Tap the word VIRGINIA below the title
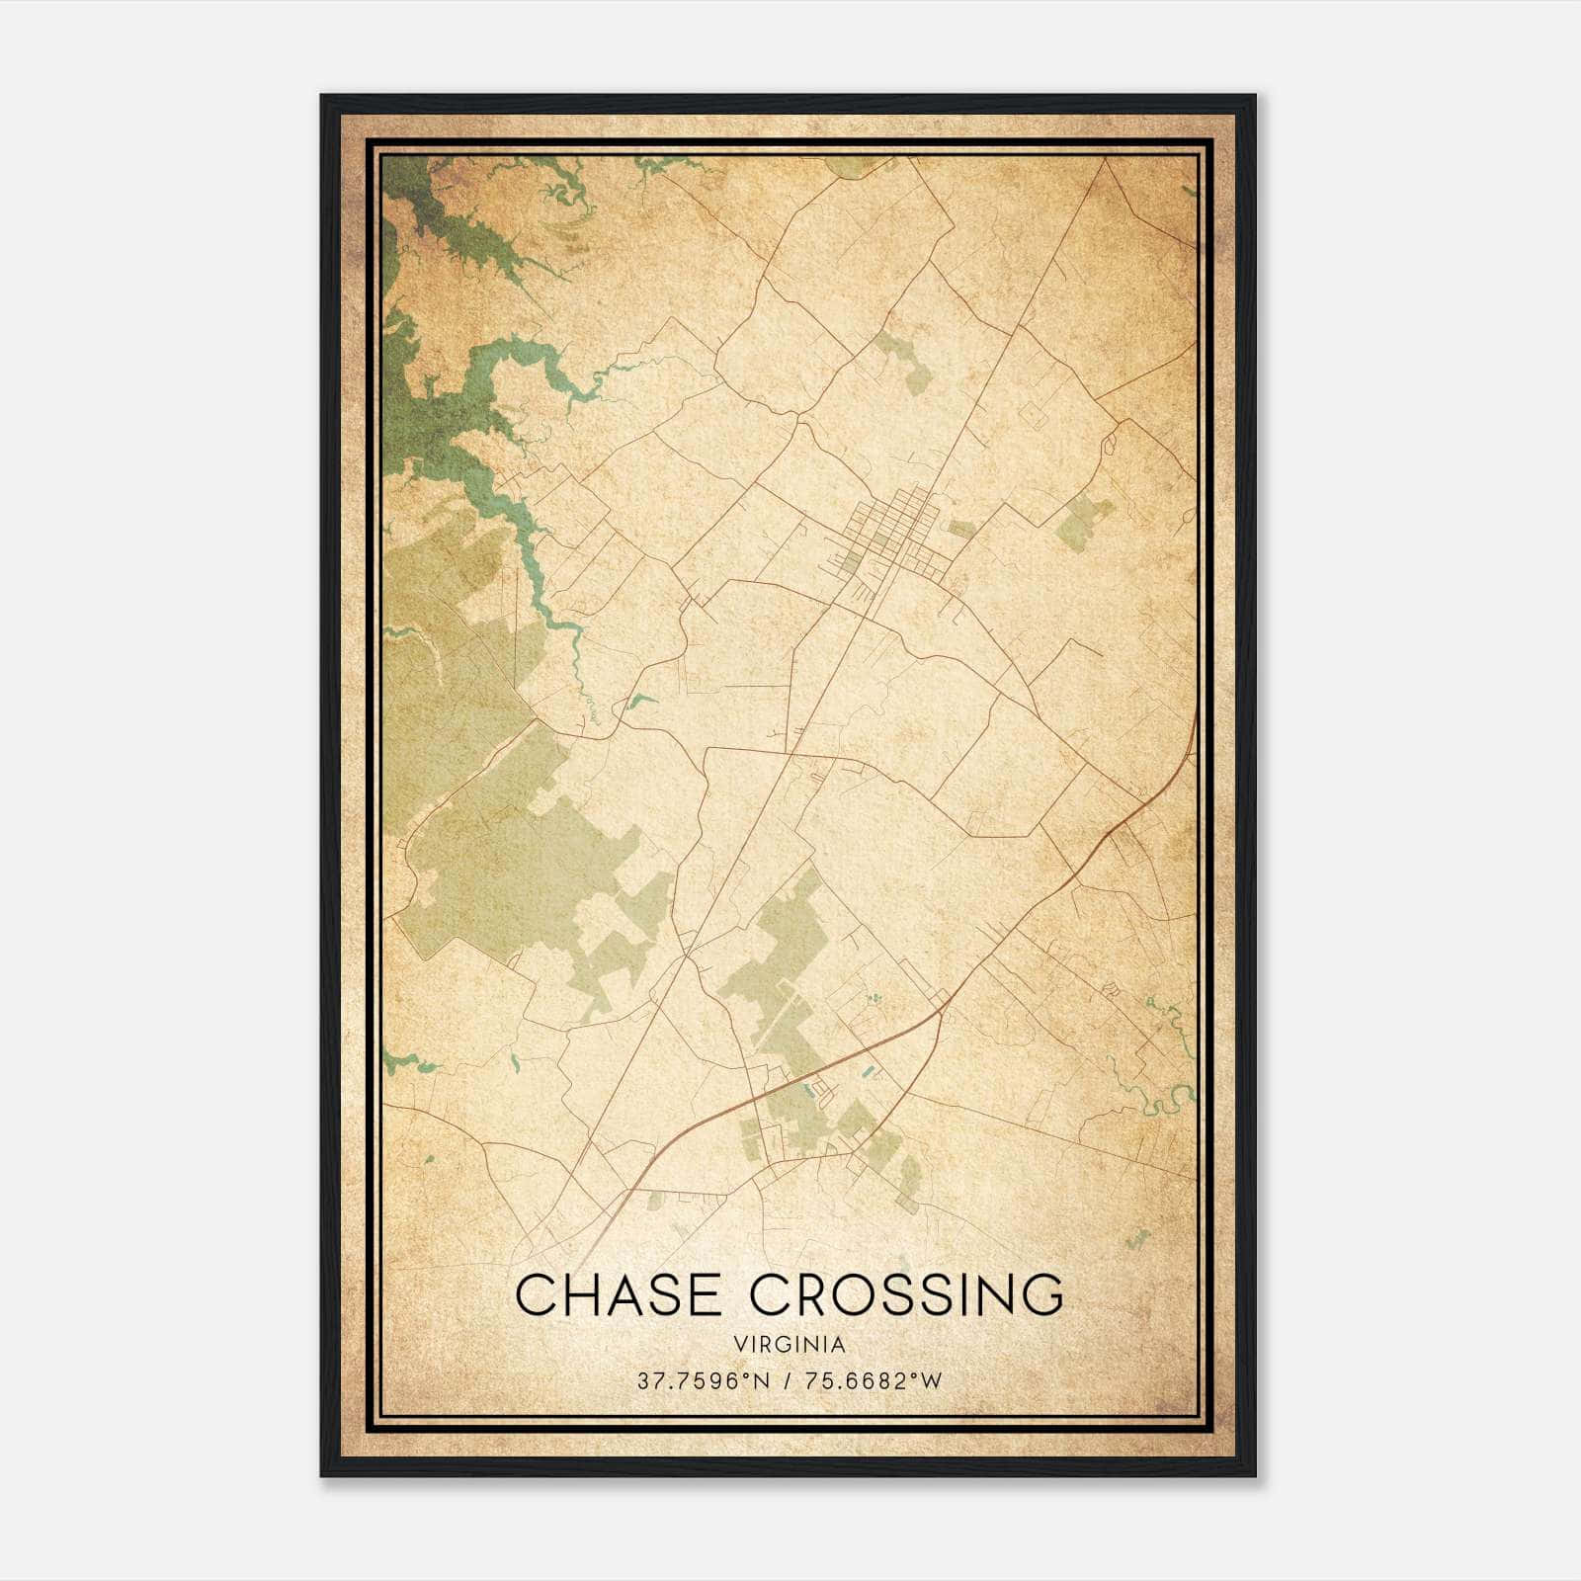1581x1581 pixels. coord(790,1344)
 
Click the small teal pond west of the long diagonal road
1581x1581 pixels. coord(638,703)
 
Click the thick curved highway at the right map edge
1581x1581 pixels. coord(1176,771)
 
